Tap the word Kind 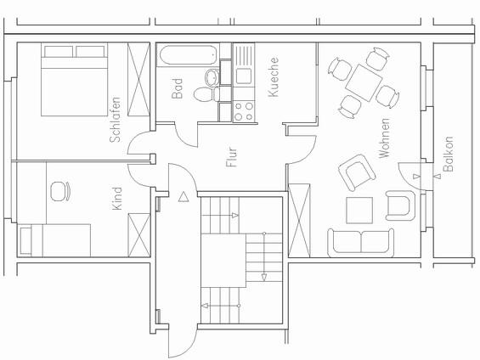click(117, 199)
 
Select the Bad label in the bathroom click(178, 89)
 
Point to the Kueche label click(274, 77)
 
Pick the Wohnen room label click(384, 138)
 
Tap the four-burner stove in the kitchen click(244, 110)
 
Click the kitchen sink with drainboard click(245, 64)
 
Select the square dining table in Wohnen click(367, 82)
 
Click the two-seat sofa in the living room click(361, 241)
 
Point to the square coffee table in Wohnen click(359, 210)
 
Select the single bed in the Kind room click(55, 239)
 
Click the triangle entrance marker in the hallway click(184, 197)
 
